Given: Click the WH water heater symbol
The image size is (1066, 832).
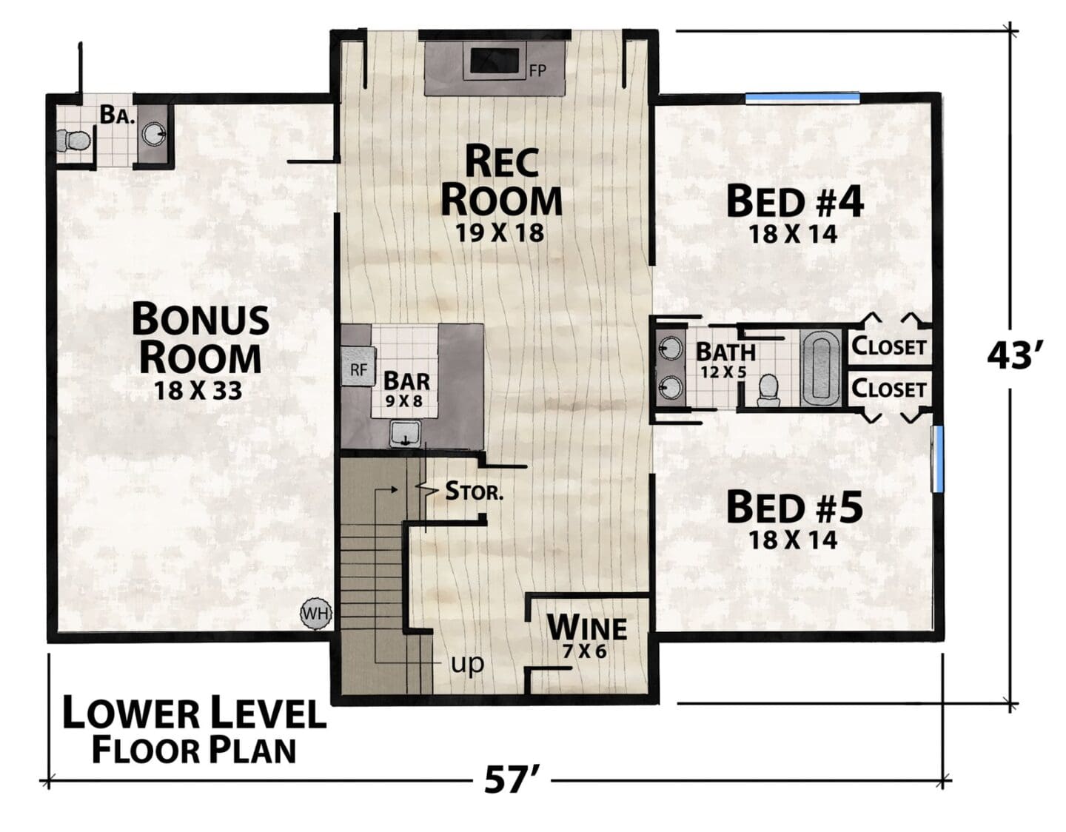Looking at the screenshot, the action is coord(316,614).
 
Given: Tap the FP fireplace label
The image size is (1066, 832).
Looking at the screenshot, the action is coord(537,71).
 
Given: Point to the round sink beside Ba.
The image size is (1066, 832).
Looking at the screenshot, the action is coord(154,134).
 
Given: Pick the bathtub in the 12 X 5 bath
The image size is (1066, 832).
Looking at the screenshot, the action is coord(821,367).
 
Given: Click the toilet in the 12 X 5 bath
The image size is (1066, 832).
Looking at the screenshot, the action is coord(768,391).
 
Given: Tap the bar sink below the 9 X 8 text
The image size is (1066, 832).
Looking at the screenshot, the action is coord(405,435).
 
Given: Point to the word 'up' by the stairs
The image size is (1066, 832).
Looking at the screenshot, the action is coord(467,664).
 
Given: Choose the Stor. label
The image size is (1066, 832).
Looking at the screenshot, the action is coord(474,491).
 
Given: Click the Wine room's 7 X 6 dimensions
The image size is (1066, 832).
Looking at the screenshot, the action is coord(585,651).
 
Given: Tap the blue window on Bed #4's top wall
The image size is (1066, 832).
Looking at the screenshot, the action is coord(802,98).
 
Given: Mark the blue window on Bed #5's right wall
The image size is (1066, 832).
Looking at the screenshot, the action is coord(937,459).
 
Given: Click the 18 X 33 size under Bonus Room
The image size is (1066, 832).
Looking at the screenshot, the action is coord(198,391).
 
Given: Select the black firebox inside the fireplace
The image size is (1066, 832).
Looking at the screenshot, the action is coord(495,61).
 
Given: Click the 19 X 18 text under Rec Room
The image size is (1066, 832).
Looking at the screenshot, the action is coord(500,233).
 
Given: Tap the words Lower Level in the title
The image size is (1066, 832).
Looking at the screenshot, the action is coord(194,714).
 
